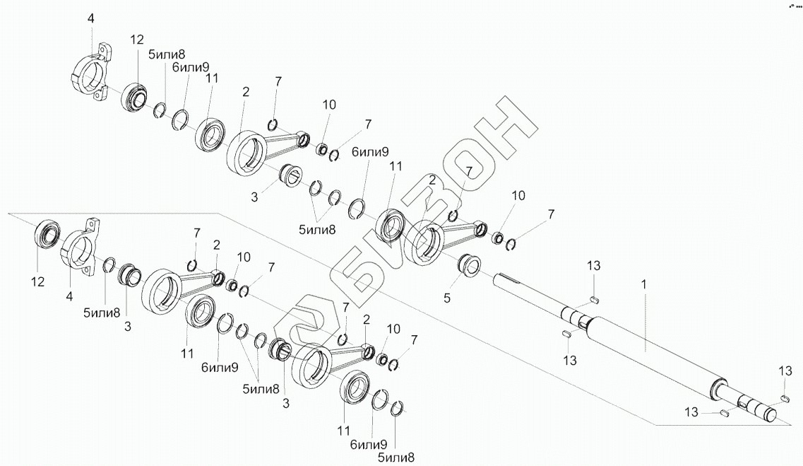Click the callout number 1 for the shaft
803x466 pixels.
tap(643, 283)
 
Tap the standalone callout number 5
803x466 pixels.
tap(446, 298)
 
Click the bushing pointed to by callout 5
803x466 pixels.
tap(470, 266)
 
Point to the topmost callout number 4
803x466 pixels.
tap(90, 19)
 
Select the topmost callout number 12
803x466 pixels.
tap(137, 40)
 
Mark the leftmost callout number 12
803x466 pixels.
tap(37, 281)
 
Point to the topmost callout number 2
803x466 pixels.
tap(244, 92)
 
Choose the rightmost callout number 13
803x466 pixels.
tap(785, 371)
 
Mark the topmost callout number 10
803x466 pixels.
tap(329, 105)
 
